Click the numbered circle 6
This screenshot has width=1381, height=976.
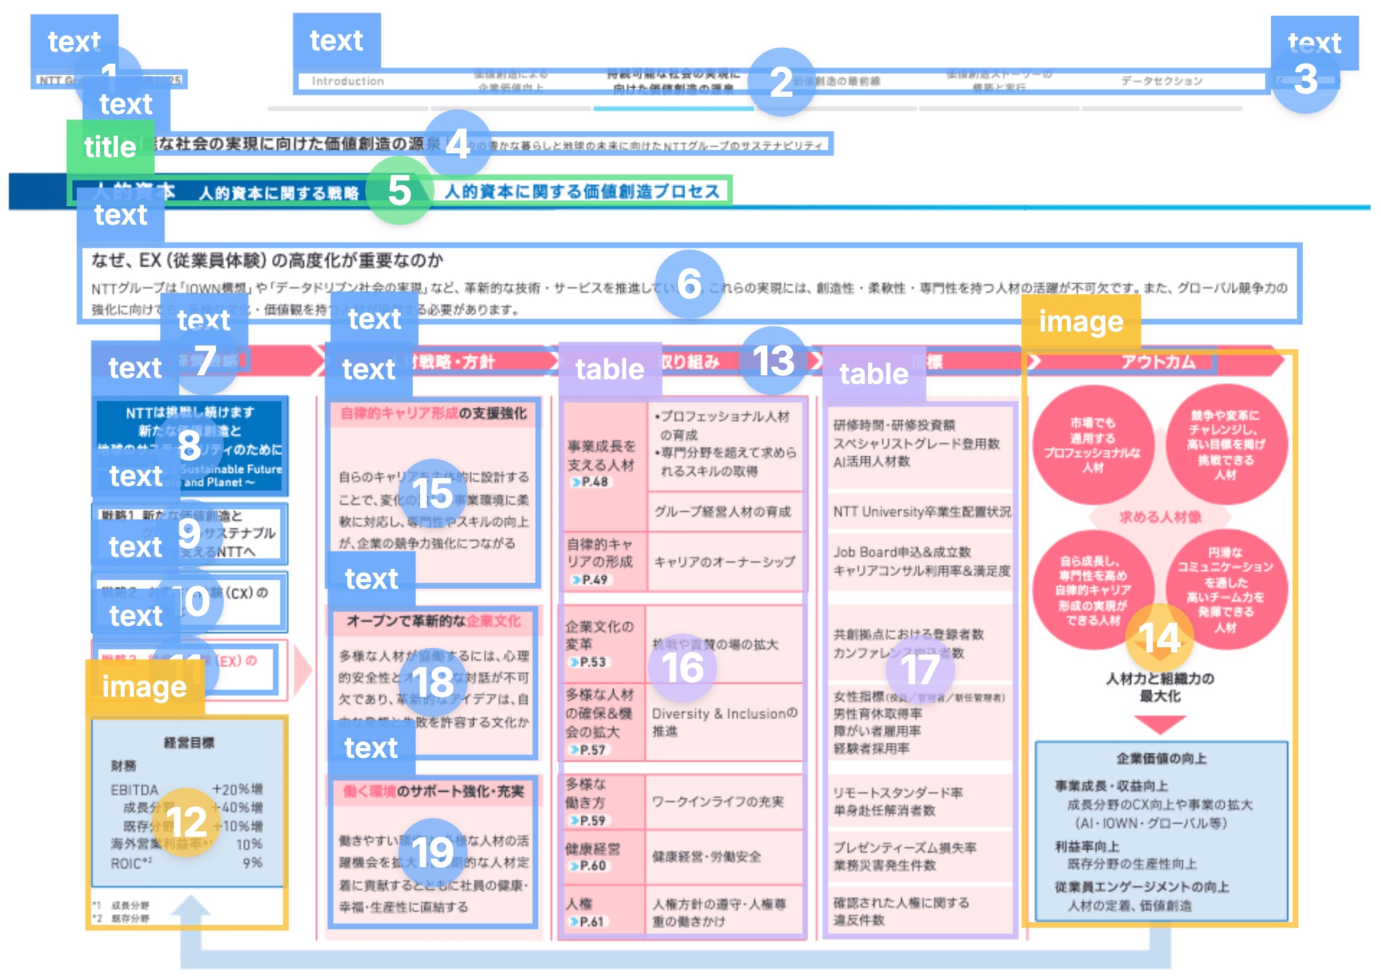coord(689,284)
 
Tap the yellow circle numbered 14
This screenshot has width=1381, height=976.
coord(1160,638)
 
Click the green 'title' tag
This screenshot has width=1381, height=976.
coord(110,147)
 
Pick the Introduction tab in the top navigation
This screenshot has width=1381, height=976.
coord(348,81)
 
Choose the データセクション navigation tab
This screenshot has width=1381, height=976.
coord(1161,81)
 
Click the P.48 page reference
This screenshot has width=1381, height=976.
coord(594,482)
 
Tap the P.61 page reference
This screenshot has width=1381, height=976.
coord(591,921)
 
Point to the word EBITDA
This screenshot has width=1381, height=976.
coord(135,790)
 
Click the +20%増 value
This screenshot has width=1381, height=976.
coord(237,789)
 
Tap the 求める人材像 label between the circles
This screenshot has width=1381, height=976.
coord(1160,517)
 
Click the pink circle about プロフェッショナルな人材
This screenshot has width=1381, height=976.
coord(1092,445)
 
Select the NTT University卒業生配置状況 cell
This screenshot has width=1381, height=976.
coord(922,512)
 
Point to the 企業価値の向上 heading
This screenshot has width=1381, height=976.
coord(1161,759)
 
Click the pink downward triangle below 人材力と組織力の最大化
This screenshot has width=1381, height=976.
coord(1160,723)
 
